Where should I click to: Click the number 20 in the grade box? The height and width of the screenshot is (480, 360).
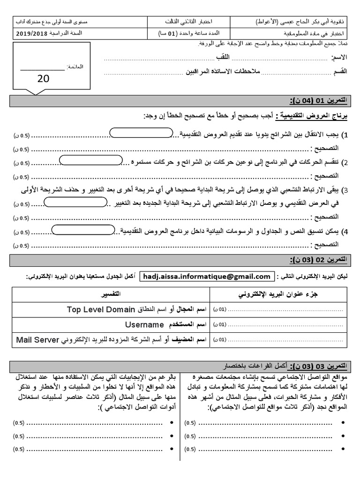click(x=43, y=79)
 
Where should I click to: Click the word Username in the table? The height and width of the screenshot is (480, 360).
click(x=144, y=324)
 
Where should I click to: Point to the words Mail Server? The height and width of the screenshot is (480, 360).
click(x=37, y=338)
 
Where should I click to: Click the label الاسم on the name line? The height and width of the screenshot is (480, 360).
click(x=339, y=57)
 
